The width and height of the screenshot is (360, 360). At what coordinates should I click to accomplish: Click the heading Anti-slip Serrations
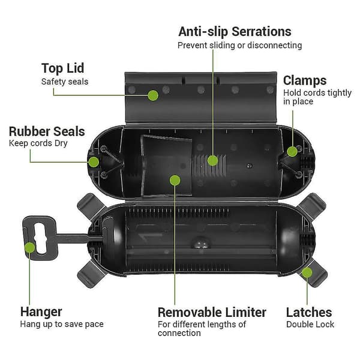pos(235,32)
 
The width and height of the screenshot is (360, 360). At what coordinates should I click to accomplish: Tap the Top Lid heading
pos(62,68)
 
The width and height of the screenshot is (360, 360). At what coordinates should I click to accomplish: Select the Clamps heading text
pos(305,80)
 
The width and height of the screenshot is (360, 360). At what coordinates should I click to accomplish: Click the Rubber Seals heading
pos(47,131)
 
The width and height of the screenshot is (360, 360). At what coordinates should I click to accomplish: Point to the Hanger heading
pos(41,312)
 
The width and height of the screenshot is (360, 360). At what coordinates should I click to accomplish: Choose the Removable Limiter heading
pos(212,313)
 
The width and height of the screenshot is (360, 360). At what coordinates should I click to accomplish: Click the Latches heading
pos(309,313)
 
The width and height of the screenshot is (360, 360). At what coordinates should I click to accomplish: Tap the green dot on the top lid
pos(153,95)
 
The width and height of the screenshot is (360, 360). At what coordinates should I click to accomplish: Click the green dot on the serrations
pos(213,160)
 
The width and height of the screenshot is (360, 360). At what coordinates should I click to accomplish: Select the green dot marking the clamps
pos(292,152)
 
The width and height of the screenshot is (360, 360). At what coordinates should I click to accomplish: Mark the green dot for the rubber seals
pos(94,162)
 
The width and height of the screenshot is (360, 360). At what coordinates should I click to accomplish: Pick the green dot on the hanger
pos(30,247)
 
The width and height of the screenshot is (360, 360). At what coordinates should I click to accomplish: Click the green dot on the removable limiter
pos(175,180)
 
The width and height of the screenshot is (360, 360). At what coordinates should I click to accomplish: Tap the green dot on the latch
pos(307,273)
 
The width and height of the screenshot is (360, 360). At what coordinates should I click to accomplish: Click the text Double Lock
pos(310,325)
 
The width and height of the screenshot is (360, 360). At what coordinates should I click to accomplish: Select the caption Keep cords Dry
pos(38,143)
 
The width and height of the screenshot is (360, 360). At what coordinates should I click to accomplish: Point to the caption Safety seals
pos(65,82)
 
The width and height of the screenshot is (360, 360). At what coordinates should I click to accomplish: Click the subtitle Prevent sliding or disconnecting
pos(239,46)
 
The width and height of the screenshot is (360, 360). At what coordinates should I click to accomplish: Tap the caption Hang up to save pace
pos(62,325)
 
